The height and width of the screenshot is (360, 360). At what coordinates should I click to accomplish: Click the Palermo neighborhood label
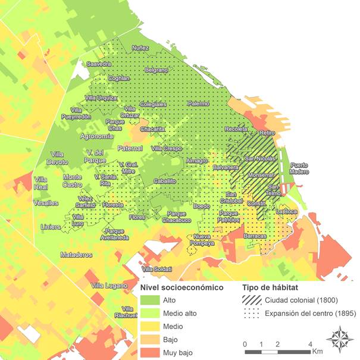pyautogui.click(x=198, y=104)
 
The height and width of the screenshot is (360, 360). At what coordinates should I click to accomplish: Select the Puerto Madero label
pyautogui.click(x=299, y=168)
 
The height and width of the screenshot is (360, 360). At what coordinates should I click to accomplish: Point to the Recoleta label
pyautogui.click(x=236, y=129)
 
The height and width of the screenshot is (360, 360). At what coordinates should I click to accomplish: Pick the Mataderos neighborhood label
pyautogui.click(x=76, y=255)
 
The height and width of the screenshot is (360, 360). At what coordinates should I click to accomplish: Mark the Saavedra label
pyautogui.click(x=99, y=63)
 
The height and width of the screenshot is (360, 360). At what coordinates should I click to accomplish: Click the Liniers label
pyautogui.click(x=51, y=227)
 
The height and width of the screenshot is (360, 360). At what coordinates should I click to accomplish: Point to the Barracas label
pyautogui.click(x=255, y=236)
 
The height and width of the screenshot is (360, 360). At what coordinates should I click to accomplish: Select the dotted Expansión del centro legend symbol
pyautogui.click(x=252, y=314)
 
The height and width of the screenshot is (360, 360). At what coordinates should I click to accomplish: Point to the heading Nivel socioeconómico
pyautogui.click(x=181, y=287)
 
